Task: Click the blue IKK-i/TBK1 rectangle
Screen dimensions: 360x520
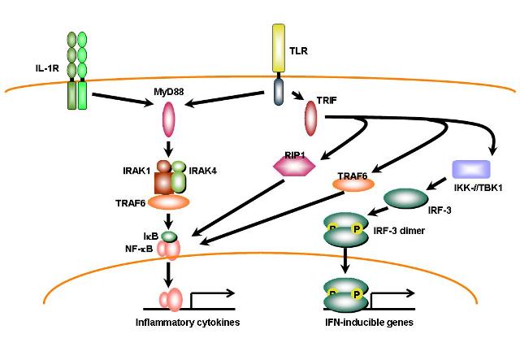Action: click(472, 169)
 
